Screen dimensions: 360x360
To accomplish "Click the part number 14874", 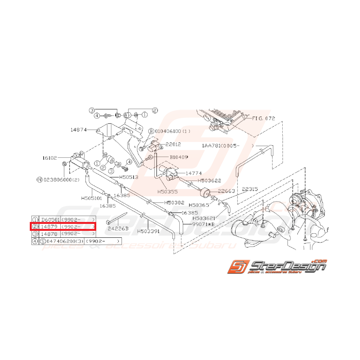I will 78,130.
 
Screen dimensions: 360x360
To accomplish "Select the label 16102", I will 50,158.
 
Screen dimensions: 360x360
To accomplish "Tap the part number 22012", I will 174,144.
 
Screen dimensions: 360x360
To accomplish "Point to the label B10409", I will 178,158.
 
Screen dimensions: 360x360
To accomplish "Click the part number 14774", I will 193,174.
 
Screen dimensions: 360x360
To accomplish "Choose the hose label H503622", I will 209,181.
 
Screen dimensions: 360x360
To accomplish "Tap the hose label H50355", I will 167,191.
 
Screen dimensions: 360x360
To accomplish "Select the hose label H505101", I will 92,198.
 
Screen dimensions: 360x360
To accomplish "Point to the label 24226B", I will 118,229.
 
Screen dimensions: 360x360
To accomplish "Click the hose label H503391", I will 149,231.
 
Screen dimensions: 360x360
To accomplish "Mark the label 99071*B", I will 203,224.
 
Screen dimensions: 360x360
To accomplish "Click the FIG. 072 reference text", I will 264,118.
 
